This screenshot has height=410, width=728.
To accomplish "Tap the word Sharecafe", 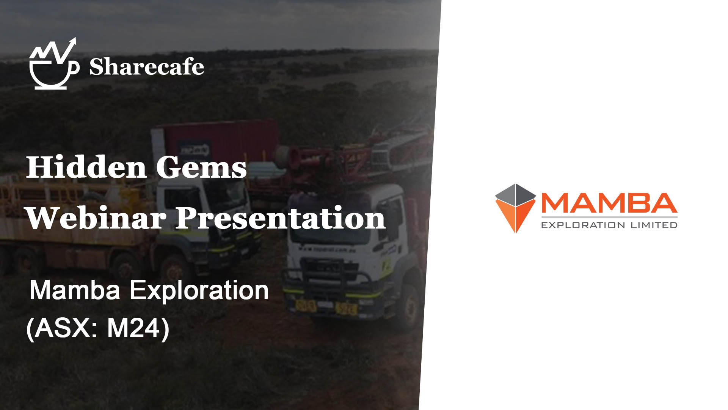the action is tap(147, 67).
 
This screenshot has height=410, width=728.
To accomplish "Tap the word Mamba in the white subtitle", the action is tap(75, 290).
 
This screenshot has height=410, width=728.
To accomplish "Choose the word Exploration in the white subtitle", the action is tap(199, 290).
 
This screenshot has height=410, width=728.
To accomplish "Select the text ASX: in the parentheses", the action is tap(63, 328).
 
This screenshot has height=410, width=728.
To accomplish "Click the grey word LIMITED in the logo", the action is tap(654, 225).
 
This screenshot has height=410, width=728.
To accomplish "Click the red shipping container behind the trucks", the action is tap(222, 140).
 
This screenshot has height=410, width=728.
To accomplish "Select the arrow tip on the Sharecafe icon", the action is tap(74, 39).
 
